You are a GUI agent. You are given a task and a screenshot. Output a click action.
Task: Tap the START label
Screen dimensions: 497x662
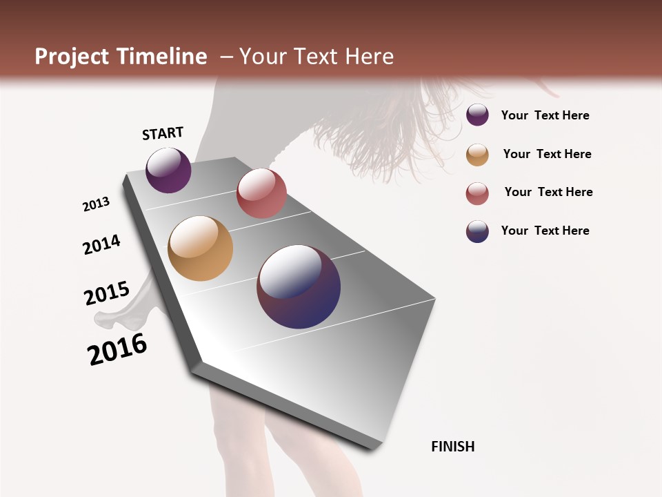tap(163, 133)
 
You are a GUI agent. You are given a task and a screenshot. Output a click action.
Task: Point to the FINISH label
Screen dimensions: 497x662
tap(453, 447)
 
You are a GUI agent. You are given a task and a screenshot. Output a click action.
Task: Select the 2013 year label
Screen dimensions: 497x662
tap(97, 204)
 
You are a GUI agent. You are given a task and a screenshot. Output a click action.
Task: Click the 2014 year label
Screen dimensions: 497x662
tap(102, 244)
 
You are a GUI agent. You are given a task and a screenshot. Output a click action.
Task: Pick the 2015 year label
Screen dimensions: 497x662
tap(107, 293)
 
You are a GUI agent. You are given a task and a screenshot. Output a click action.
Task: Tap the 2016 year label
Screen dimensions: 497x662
tap(117, 349)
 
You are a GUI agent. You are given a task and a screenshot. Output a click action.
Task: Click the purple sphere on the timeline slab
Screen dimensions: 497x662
tap(168, 170)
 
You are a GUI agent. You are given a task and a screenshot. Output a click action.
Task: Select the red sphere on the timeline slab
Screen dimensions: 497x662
tap(261, 193)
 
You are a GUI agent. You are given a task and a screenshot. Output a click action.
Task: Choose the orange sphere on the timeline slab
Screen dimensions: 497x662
tap(201, 248)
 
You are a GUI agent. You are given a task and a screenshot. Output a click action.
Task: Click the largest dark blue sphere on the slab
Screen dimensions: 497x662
tap(299, 286)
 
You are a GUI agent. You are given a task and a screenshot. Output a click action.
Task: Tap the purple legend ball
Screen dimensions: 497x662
tap(477, 115)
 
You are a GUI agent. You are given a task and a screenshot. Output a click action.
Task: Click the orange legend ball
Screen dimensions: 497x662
tap(477, 155)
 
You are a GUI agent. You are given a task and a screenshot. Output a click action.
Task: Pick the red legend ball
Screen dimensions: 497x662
tap(477, 193)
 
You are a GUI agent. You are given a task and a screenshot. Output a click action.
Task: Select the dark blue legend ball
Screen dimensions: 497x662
tap(477, 231)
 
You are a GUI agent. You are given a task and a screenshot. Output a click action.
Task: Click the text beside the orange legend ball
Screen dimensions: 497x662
tap(547, 154)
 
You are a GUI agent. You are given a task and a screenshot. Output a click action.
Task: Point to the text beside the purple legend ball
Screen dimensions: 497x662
tap(545, 115)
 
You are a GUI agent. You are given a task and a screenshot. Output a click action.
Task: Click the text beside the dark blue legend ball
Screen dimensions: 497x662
tap(545, 231)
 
